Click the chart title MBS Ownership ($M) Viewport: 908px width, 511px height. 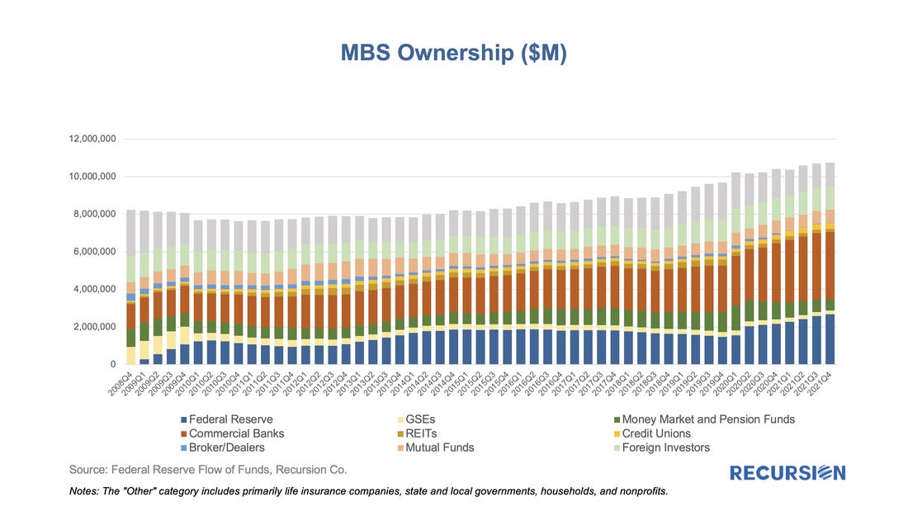pos(453,53)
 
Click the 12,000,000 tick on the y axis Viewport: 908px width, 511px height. pos(94,139)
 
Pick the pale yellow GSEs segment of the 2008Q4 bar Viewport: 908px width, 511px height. pos(130,355)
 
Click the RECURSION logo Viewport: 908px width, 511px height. pos(787,473)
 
